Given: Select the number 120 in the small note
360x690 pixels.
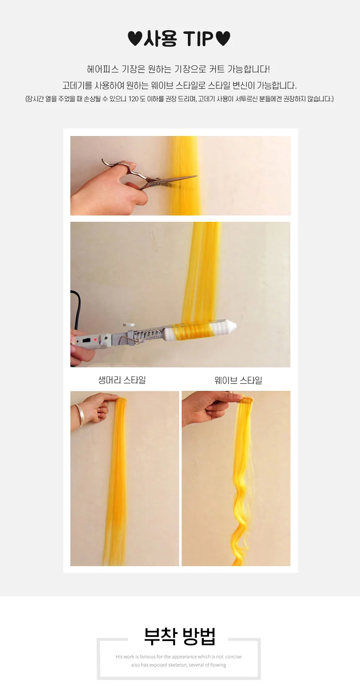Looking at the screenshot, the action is coord(134,99).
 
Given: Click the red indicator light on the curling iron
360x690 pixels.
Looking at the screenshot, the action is coord(95,339).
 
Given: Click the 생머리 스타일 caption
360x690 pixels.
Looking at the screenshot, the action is coord(122,380).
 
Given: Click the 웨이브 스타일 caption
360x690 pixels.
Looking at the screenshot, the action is coord(238,380).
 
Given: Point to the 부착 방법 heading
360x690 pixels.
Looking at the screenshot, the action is coord(180,636).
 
